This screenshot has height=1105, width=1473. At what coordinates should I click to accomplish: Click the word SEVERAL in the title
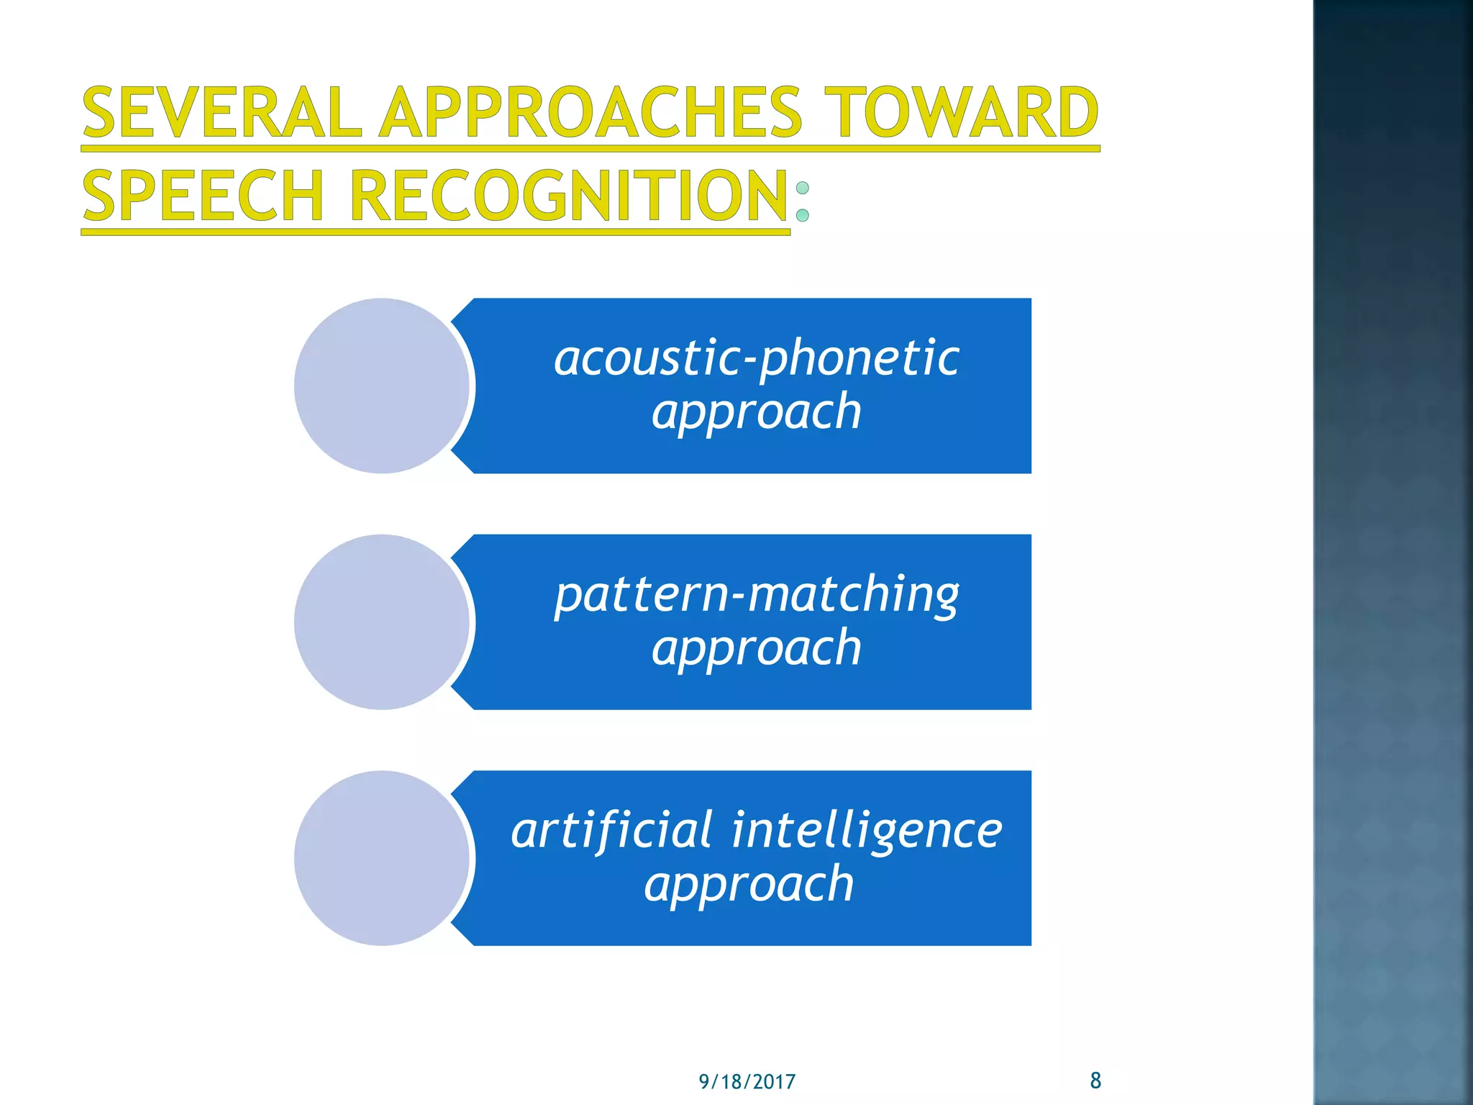click(222, 113)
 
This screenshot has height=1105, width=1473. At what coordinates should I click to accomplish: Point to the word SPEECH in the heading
click(203, 196)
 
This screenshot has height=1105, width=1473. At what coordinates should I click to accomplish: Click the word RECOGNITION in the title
click(569, 196)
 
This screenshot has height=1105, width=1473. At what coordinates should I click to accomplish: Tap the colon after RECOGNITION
click(803, 201)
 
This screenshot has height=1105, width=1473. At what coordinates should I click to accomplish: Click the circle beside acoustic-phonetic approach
click(382, 386)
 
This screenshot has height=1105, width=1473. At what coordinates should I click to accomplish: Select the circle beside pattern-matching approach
click(382, 622)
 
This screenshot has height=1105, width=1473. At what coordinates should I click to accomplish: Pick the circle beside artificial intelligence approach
click(382, 858)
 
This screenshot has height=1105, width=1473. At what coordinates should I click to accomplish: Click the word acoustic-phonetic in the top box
click(756, 358)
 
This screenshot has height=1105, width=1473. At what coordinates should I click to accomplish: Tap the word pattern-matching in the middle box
click(756, 594)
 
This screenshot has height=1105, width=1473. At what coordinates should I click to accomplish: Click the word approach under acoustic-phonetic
click(756, 412)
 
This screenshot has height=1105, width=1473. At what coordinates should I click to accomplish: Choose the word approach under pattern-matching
click(756, 648)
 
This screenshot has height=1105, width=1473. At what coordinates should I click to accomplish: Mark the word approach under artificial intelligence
click(749, 884)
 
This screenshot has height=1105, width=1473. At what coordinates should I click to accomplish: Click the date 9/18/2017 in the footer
click(747, 1082)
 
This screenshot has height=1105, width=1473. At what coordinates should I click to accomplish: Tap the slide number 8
click(1095, 1080)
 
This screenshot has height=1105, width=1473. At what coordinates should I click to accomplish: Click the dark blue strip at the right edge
click(1392, 552)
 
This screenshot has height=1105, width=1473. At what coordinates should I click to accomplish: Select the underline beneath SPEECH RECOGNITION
click(435, 232)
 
